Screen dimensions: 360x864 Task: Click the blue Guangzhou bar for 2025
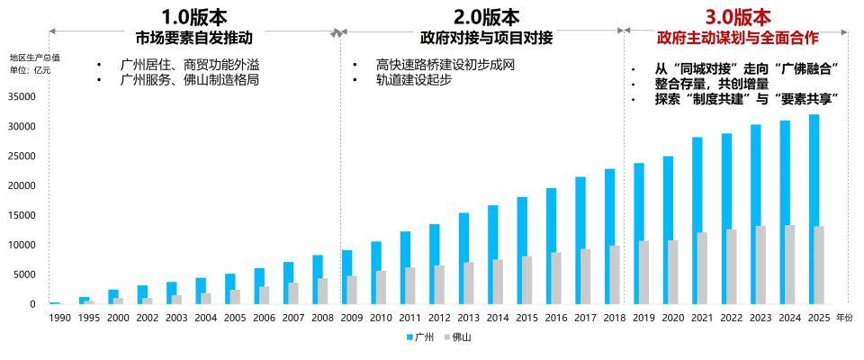(x=814, y=209)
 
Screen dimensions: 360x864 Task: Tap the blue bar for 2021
(x=697, y=220)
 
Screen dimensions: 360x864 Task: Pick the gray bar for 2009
(x=353, y=290)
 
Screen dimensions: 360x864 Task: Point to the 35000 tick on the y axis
(x=20, y=96)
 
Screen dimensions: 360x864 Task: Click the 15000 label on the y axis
(x=20, y=215)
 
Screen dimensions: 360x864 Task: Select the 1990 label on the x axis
(x=59, y=318)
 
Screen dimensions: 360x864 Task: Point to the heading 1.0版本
(x=194, y=16)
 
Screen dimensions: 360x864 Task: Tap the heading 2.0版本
(x=486, y=16)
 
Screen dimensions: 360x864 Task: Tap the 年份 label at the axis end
(x=843, y=318)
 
